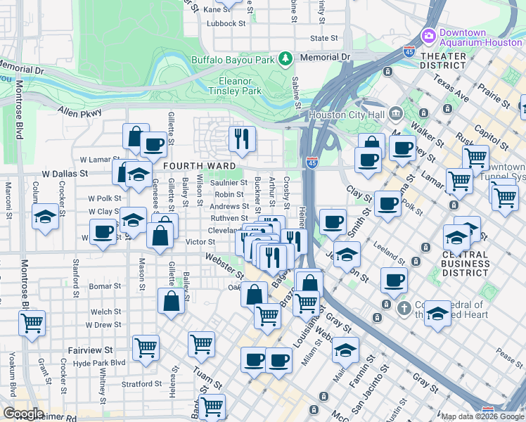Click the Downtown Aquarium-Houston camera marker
coord(428,35)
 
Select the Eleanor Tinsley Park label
coord(235,86)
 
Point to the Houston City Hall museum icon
coord(396,113)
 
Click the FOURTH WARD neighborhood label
coord(193,166)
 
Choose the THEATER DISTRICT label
coord(443,60)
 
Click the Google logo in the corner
coord(23,414)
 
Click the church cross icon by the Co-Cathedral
coord(404,307)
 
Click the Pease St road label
coord(509,353)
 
